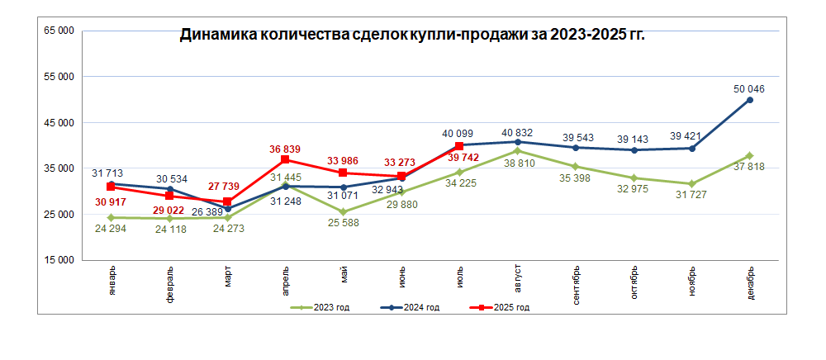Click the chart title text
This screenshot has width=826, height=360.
[412, 36]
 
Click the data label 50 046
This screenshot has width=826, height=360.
[749, 88]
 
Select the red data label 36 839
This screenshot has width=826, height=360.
[286, 149]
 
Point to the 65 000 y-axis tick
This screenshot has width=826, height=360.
[59, 31]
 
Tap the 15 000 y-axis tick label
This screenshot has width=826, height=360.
[59, 260]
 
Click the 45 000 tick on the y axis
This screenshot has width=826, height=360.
[59, 123]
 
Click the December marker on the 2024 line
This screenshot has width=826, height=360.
[749, 100]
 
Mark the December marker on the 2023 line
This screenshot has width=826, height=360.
[749, 156]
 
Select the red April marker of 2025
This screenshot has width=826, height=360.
[285, 159]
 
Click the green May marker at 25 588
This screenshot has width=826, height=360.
[343, 212]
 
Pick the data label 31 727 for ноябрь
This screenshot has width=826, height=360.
[691, 195]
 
